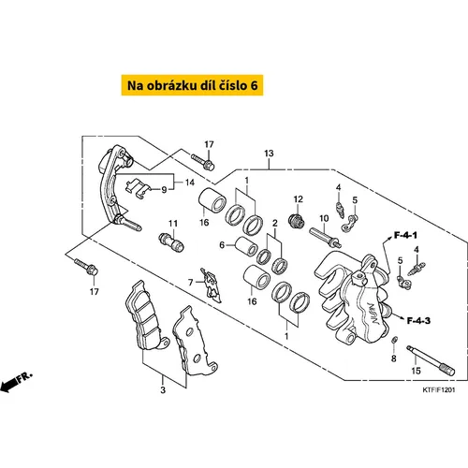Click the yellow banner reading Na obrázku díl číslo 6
pyautogui.click(x=192, y=85)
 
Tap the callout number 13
pyautogui.click(x=269, y=154)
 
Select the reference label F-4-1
pyautogui.click(x=405, y=235)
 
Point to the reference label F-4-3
pyautogui.click(x=418, y=320)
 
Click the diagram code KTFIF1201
pyautogui.click(x=439, y=390)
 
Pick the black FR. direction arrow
pyautogui.click(x=8, y=387)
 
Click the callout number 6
pyautogui.click(x=222, y=245)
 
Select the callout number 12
pyautogui.click(x=298, y=199)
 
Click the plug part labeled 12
pyautogui.click(x=297, y=221)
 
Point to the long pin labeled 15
pyautogui.click(x=431, y=360)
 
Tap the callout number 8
pyautogui.click(x=394, y=358)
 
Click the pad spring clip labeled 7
pyautogui.click(x=212, y=285)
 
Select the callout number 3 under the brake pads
pyautogui.click(x=163, y=389)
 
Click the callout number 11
pyautogui.click(x=173, y=224)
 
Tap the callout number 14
pyautogui.click(x=190, y=183)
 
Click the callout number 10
pyautogui.click(x=324, y=218)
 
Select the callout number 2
pyautogui.click(x=275, y=223)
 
